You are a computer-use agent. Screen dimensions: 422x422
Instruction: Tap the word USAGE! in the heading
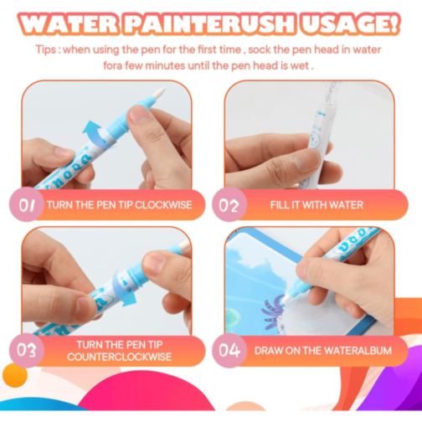350,23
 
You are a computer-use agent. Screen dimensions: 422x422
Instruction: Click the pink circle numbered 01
27,204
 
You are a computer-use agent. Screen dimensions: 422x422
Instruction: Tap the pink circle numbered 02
229,204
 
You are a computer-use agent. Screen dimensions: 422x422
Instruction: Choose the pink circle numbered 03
27,350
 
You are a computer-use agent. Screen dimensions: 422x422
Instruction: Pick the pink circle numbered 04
229,350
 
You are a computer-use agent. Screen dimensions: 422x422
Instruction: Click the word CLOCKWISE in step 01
163,205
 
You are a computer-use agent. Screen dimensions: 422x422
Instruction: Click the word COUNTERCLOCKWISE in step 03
120,357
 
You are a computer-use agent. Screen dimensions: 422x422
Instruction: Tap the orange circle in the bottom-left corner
15,375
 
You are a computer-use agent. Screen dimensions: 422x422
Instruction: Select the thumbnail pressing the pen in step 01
138,115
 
